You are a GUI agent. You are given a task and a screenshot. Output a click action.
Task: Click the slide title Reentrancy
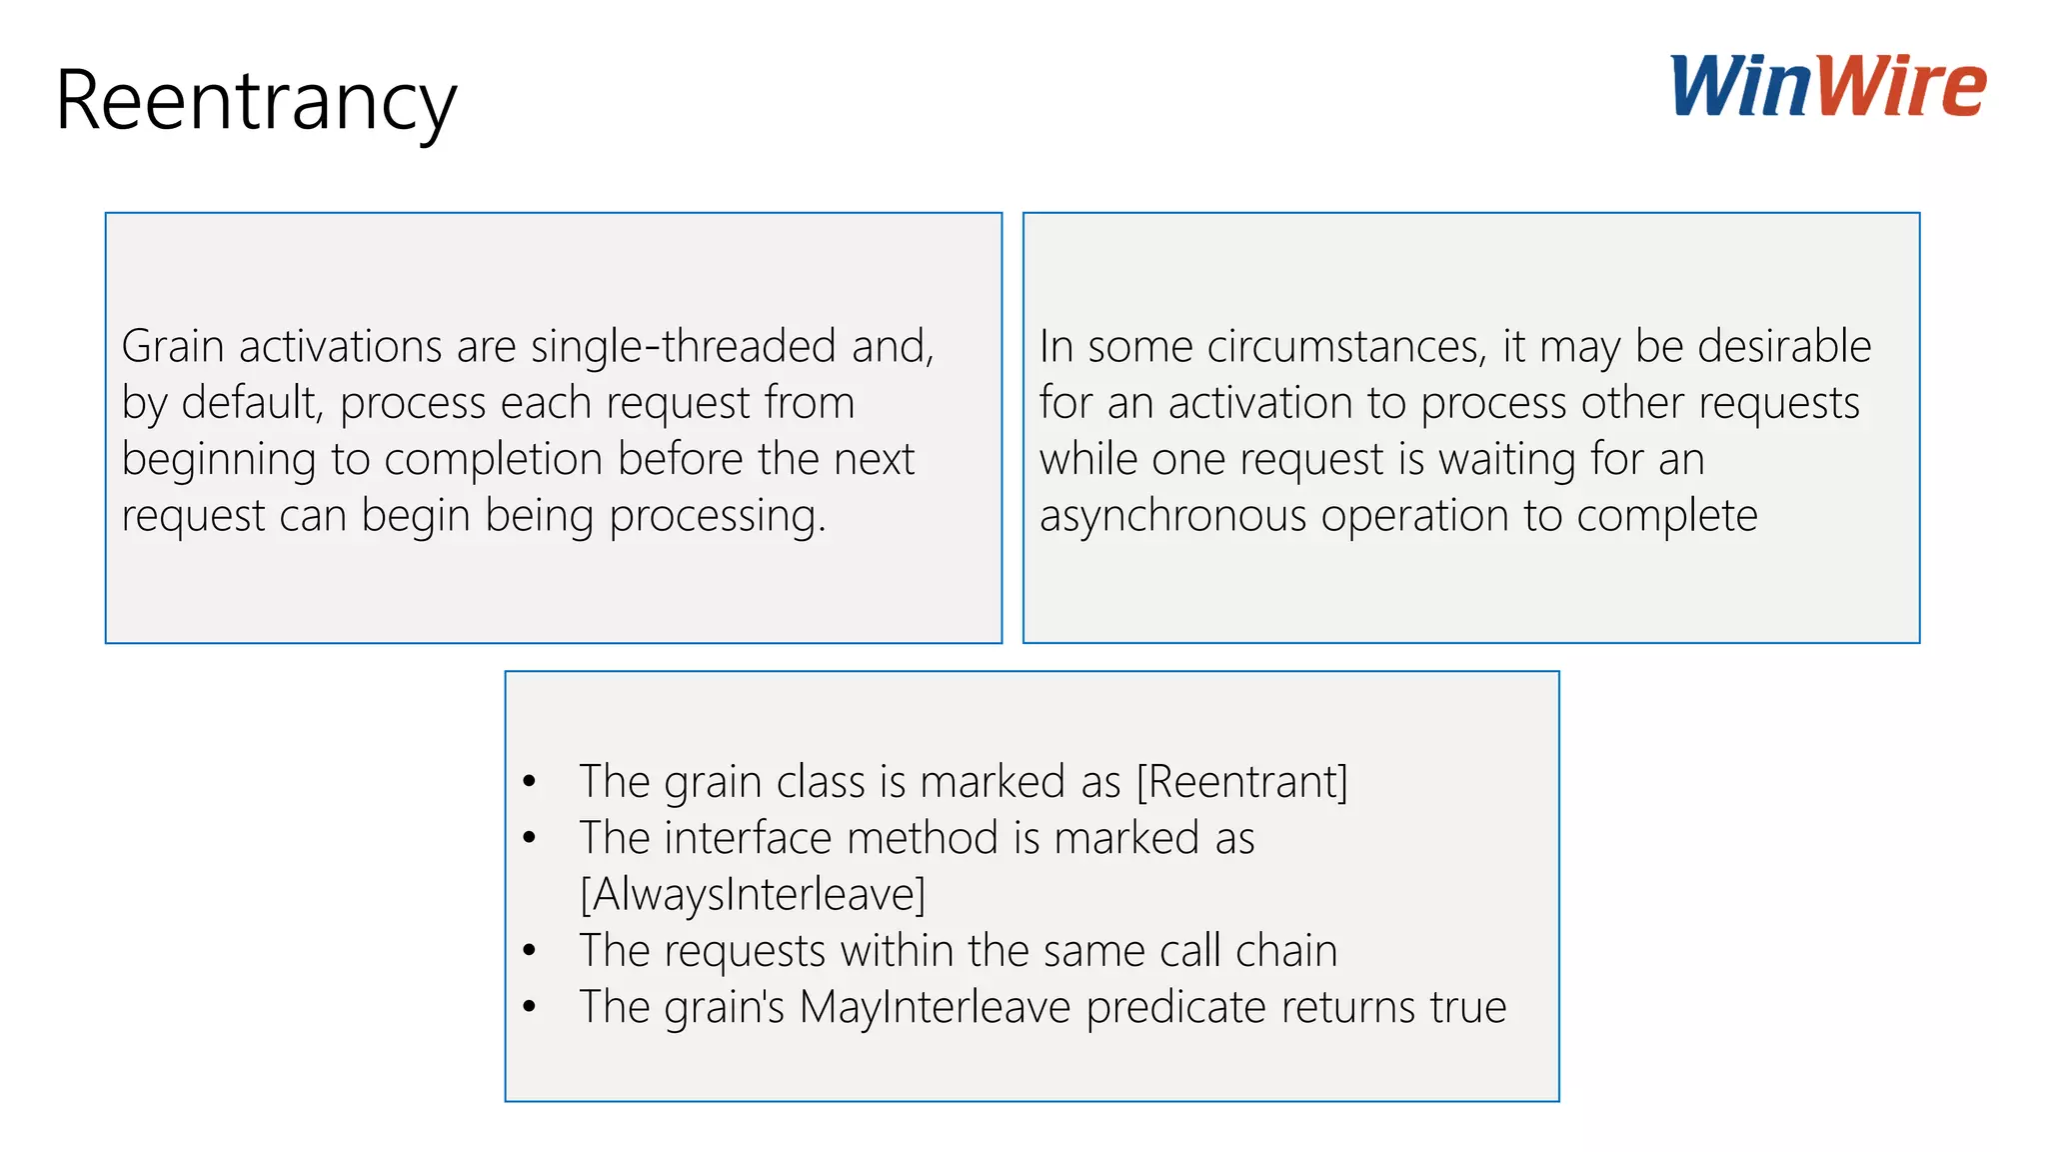pos(256,100)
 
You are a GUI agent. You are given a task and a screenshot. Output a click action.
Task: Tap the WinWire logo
pos(1827,86)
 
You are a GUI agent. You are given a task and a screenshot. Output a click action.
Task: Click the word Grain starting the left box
pos(172,346)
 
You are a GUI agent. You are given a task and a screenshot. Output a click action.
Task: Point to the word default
pos(251,403)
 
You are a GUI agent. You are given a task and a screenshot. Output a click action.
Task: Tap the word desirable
pos(1784,346)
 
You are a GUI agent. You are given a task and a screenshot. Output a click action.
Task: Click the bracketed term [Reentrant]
pos(1242,781)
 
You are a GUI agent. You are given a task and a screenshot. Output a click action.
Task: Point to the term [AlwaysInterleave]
pos(753,894)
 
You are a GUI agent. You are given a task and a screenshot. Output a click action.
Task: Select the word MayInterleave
pos(935,1007)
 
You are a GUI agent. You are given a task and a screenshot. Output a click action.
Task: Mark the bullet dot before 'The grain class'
pos(530,782)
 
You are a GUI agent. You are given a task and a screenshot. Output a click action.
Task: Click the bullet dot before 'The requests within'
pos(530,951)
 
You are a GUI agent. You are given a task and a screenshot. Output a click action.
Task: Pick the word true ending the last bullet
pos(1467,1007)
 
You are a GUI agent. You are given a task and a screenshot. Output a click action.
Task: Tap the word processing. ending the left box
pos(718,517)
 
